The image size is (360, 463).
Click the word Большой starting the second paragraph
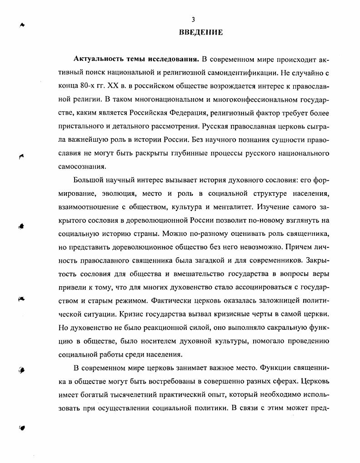[89, 181]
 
